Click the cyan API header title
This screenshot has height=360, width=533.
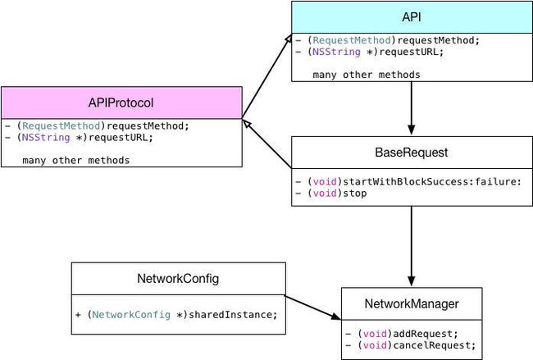(412, 16)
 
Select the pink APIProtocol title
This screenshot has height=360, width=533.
(121, 103)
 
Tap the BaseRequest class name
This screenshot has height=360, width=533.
(412, 153)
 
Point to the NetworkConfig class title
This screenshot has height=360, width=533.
(178, 279)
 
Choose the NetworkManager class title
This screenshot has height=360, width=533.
(412, 303)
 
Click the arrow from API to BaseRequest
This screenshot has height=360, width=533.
(412, 108)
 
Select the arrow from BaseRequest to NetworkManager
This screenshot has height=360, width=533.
(412, 246)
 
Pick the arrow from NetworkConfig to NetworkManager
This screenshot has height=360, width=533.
(312, 308)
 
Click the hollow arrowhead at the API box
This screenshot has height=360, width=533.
(288, 39)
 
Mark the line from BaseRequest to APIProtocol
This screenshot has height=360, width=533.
(267, 144)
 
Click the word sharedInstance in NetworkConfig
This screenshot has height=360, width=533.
(230, 315)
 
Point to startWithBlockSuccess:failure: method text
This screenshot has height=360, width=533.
(431, 181)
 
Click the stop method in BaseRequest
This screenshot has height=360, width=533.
(355, 194)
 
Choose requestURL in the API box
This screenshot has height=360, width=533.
(408, 52)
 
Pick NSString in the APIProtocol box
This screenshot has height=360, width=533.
(46, 138)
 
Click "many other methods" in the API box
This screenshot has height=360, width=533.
(367, 75)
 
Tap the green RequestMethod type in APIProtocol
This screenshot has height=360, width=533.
(61, 125)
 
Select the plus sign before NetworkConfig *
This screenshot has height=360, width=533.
(78, 315)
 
